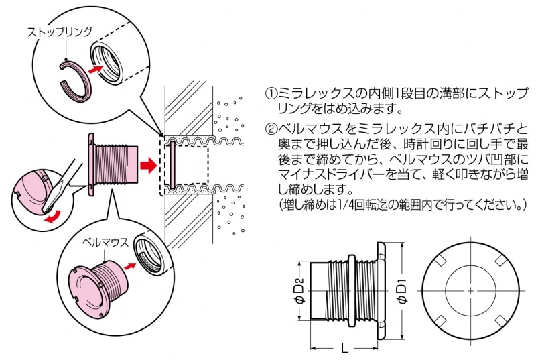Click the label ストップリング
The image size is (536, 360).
click(x=60, y=32)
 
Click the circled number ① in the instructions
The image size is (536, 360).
click(x=271, y=93)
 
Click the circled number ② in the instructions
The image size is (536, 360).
click(x=271, y=127)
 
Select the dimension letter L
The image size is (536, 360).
click(x=342, y=349)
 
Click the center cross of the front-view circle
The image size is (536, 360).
click(x=471, y=290)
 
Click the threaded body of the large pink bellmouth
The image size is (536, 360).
click(x=118, y=163)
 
